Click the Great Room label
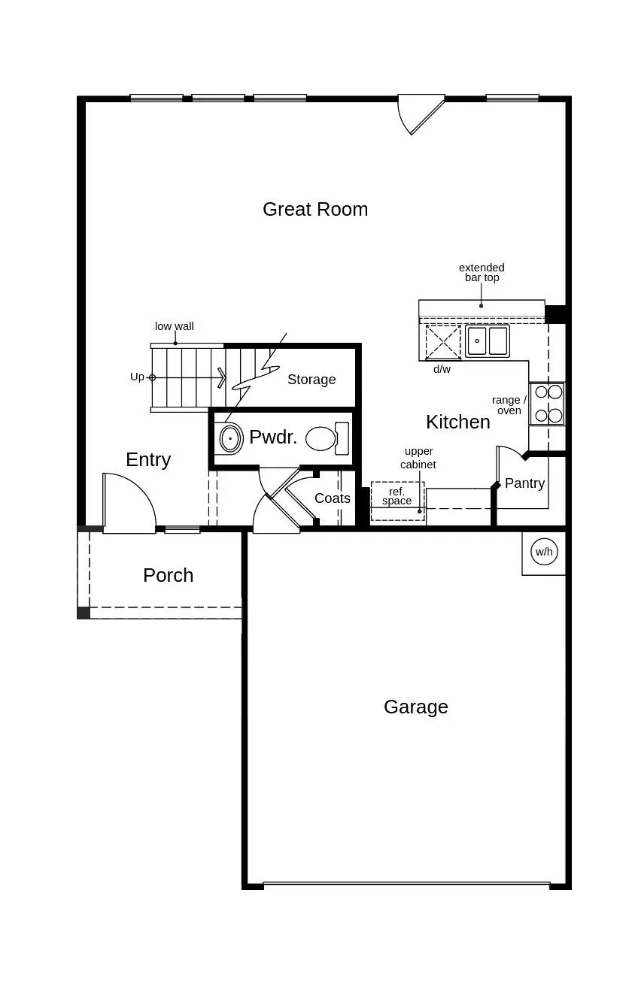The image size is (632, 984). pos(315,209)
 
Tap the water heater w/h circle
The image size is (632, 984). pos(543,553)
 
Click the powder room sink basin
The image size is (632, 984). pos(230,438)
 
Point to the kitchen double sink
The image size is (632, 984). pos(487,341)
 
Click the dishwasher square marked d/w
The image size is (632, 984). pos(442,342)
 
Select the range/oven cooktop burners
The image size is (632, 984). pos(548,404)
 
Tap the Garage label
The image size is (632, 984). pos(415,707)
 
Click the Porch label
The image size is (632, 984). pos(168,575)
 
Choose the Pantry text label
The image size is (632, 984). pos(524,483)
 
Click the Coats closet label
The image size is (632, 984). pos(332,498)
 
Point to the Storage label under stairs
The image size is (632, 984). pos(311,380)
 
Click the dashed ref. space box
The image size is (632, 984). pos(397,501)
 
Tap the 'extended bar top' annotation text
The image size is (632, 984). pos(482,272)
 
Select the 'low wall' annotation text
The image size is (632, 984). pos(174,326)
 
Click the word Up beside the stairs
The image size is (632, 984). pos(137,377)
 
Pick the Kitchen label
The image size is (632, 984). pos(457,422)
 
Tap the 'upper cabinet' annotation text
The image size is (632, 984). pos(419,458)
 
